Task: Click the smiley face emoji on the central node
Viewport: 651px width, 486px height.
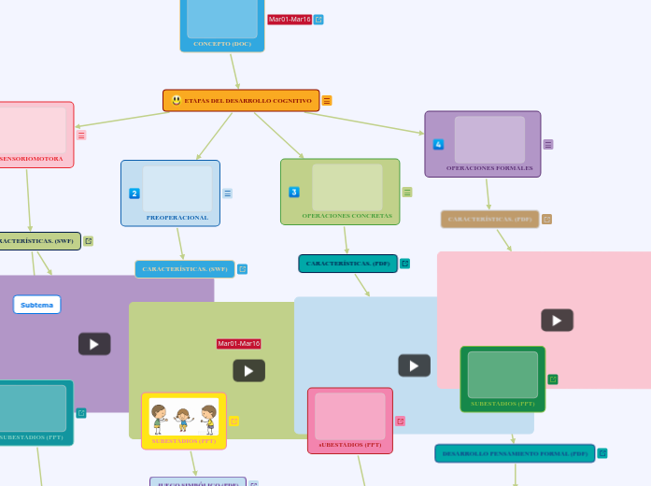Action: click(177, 100)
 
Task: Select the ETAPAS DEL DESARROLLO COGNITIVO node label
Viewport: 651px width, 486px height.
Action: click(248, 101)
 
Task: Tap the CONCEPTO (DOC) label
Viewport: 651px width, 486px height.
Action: click(222, 44)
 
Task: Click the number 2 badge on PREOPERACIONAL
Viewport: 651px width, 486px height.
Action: click(134, 193)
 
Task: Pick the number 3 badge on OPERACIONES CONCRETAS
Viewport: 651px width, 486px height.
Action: click(294, 192)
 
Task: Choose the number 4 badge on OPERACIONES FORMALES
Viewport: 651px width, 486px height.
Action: click(438, 144)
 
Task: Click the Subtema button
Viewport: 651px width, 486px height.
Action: click(37, 305)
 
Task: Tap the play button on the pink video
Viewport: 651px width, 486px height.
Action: click(557, 321)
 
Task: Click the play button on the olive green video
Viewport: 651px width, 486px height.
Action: click(248, 371)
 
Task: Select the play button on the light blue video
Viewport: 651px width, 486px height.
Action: click(414, 365)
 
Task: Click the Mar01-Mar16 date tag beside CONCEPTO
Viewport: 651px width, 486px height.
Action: click(290, 20)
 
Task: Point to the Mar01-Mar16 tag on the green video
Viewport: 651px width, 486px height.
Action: click(239, 344)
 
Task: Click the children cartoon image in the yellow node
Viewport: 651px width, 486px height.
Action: click(184, 416)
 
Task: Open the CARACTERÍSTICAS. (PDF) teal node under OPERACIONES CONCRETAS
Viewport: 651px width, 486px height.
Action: click(347, 264)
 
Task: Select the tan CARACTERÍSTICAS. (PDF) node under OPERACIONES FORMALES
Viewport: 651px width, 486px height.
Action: click(489, 220)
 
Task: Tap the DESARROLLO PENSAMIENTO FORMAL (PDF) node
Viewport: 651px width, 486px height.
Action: click(515, 453)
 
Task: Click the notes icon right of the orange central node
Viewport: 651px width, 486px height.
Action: click(327, 101)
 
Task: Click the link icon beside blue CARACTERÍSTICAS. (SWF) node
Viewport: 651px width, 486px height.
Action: click(242, 269)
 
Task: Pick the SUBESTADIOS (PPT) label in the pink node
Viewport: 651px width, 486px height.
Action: click(349, 445)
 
